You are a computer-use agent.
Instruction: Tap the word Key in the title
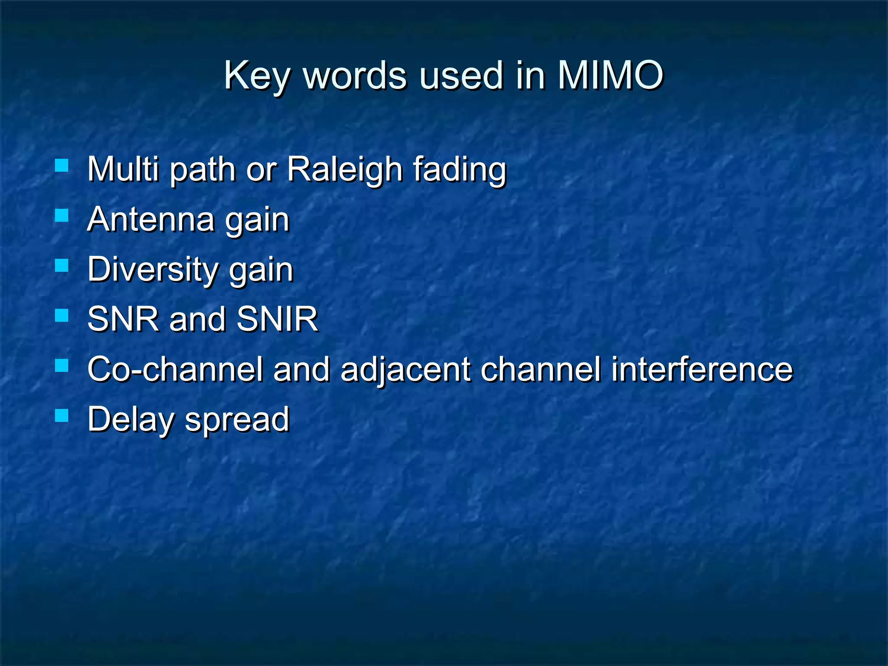[256, 76]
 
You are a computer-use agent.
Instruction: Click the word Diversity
[153, 270]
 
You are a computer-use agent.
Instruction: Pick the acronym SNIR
[277, 319]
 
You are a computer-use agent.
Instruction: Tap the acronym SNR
[123, 319]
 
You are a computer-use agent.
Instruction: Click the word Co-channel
[175, 369]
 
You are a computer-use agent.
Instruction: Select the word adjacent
[405, 370]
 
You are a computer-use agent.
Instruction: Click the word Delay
[131, 420]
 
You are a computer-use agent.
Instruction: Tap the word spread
[237, 420]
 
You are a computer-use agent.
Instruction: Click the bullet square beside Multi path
[62, 166]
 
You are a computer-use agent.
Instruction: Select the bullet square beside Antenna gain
[62, 215]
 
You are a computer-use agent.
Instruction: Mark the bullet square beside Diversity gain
[62, 265]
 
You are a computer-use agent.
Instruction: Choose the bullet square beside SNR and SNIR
[62, 315]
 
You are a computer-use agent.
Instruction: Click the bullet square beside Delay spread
[62, 415]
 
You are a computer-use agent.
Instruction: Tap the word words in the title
[355, 75]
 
